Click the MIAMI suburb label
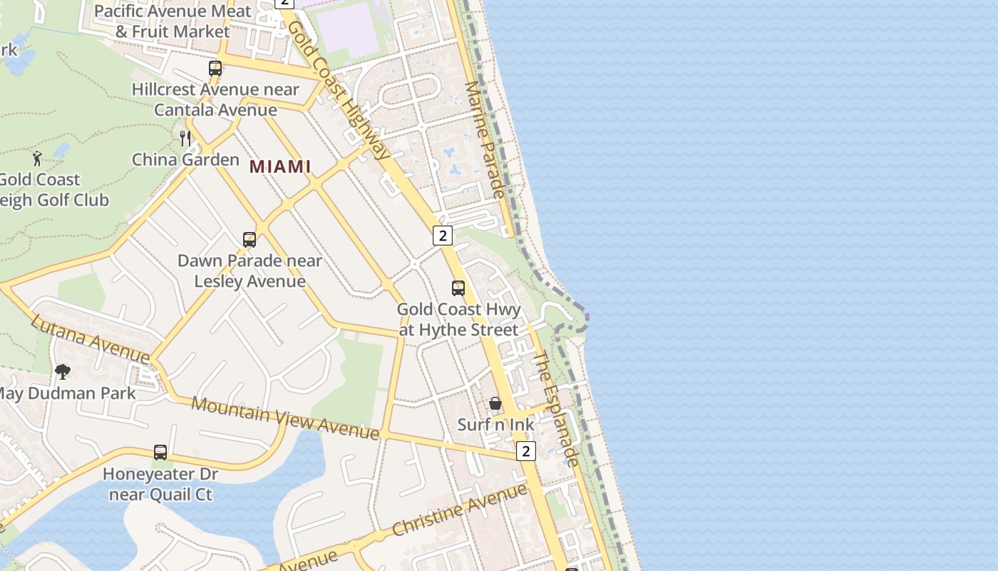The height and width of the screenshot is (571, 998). [280, 166]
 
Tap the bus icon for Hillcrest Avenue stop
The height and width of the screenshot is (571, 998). [215, 69]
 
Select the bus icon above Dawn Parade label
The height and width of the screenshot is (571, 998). [249, 240]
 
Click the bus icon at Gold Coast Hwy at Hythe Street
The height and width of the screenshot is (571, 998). [458, 288]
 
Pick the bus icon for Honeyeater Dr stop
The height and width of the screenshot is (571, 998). [160, 453]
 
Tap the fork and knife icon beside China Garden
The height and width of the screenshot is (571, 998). [185, 138]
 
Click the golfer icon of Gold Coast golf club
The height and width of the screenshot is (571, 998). [37, 158]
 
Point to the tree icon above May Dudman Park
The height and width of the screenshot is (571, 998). [63, 371]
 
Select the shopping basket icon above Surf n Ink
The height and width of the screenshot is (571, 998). [495, 404]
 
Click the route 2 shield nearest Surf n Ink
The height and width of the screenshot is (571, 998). [525, 451]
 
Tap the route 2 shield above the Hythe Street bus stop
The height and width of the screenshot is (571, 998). [443, 235]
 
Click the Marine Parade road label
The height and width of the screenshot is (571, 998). [485, 139]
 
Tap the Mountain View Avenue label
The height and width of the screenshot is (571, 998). [285, 418]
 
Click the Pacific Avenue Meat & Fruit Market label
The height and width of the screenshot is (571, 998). [173, 21]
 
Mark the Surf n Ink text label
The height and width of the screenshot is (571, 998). [495, 425]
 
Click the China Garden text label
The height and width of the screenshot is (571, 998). [185, 159]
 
